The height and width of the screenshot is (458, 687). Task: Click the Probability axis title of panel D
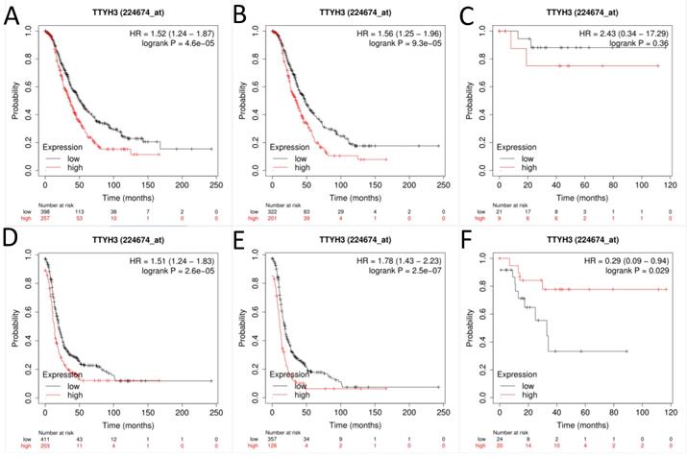18,318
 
